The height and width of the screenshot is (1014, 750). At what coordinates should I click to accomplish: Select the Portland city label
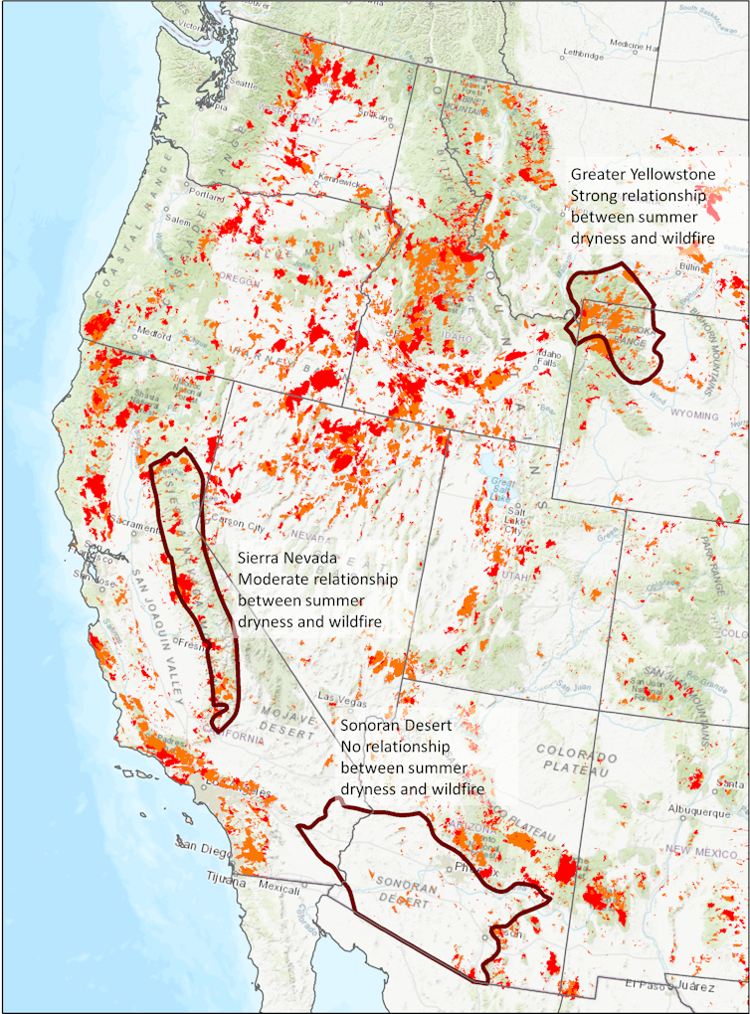point(204,194)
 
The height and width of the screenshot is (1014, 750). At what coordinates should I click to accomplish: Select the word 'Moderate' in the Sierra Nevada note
point(271,580)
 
